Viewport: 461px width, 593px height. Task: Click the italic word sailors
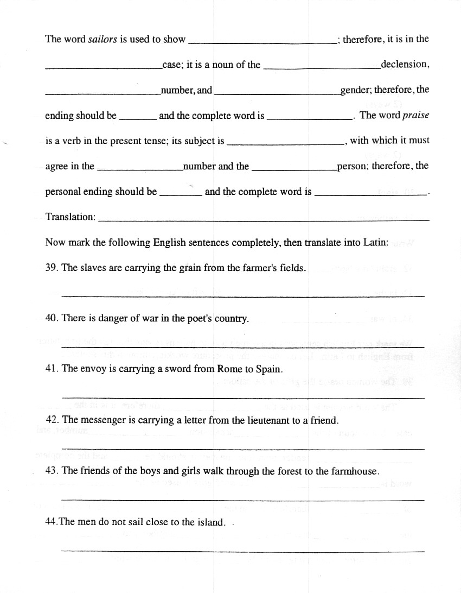click(x=103, y=39)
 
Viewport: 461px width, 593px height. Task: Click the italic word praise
click(x=415, y=115)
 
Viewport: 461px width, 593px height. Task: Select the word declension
click(x=404, y=65)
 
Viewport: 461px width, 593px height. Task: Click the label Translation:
click(x=71, y=217)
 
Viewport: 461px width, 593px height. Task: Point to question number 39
click(x=52, y=268)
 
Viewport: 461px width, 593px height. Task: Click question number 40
click(x=52, y=318)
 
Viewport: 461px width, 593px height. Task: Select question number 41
click(x=52, y=369)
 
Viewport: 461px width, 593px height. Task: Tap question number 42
click(x=52, y=420)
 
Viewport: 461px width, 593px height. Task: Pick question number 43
click(x=52, y=471)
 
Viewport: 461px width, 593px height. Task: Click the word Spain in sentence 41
click(x=270, y=369)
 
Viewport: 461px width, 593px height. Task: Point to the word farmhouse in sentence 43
click(x=355, y=471)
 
